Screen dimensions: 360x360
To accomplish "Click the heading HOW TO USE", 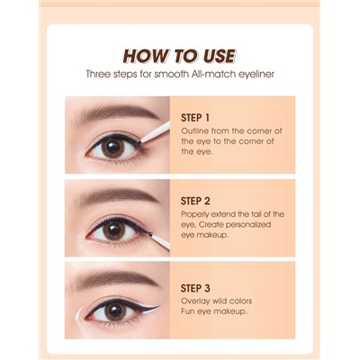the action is tap(180, 56).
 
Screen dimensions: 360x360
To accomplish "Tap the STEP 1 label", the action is tap(195, 118).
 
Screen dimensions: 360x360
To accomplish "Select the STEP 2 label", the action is tap(195, 201).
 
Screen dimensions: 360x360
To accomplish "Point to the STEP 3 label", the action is tap(195, 288).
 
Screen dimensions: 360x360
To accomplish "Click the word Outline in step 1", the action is tap(194, 131).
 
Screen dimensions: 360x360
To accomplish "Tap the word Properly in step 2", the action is tap(194, 215).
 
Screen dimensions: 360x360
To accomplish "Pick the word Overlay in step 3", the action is tap(195, 301).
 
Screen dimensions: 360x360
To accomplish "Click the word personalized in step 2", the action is tap(248, 225).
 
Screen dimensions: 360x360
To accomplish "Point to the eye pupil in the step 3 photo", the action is tap(115, 311).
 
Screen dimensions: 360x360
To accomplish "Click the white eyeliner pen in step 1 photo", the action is tap(155, 132).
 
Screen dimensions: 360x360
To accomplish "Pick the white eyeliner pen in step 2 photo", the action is tap(159, 240).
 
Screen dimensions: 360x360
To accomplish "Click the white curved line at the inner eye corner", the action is tap(77, 319).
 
